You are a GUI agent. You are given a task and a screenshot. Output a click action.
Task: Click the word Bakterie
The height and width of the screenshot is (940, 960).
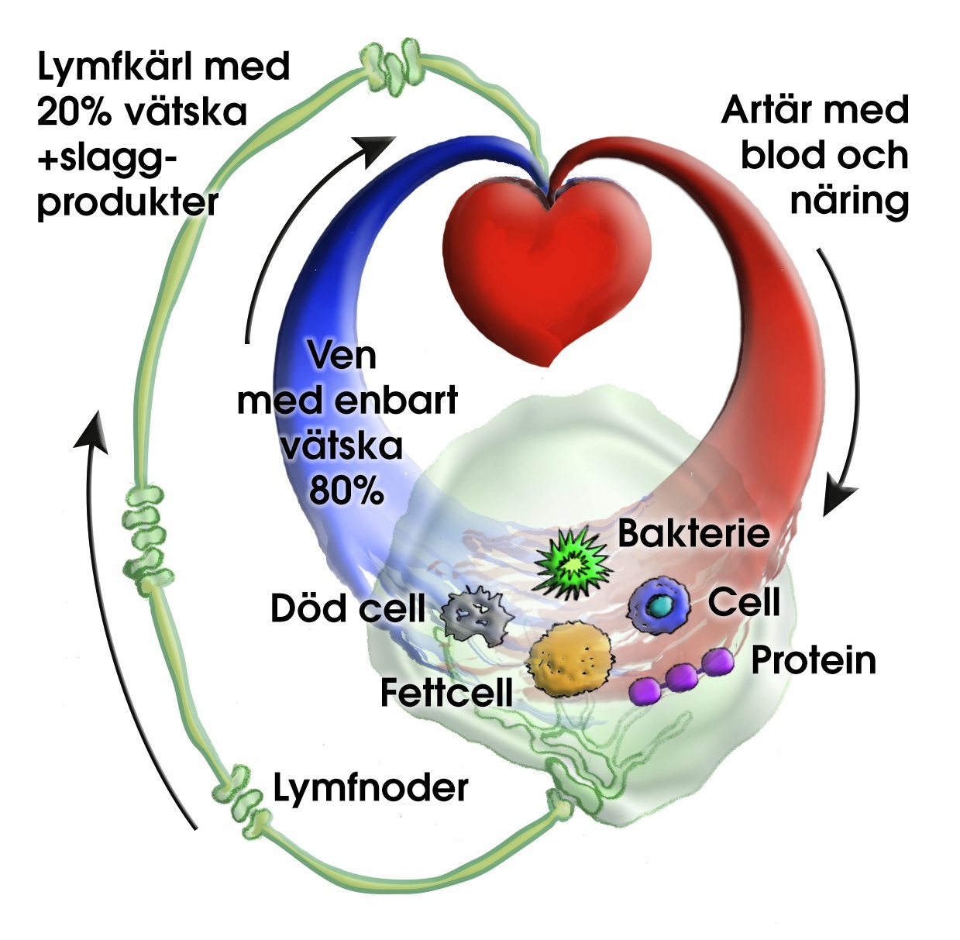tap(693, 533)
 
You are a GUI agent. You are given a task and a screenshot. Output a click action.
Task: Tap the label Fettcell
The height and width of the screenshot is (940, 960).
tap(446, 692)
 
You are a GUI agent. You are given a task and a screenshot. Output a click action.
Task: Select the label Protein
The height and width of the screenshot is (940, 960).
tap(814, 660)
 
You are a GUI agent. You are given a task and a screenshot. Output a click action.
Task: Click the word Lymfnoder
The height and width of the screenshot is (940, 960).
tap(371, 788)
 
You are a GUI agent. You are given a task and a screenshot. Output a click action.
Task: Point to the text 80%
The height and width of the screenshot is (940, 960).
tap(346, 490)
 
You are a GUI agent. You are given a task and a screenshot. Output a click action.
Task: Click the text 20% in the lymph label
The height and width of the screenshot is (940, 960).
tap(73, 112)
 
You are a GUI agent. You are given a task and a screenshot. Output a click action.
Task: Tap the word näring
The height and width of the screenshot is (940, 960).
tap(849, 200)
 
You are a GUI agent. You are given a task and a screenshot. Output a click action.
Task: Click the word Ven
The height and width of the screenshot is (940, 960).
tap(342, 355)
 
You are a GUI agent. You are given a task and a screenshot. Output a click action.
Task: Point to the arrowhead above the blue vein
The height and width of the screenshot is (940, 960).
tap(378, 147)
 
